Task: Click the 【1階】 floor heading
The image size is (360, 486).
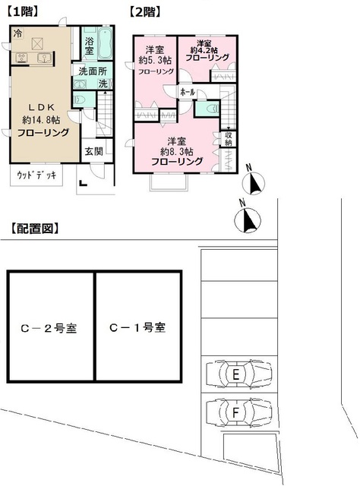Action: click(22, 11)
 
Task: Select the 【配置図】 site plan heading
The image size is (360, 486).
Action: click(34, 228)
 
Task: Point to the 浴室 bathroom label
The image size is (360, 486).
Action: click(90, 46)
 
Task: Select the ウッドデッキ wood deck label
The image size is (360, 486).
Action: click(35, 175)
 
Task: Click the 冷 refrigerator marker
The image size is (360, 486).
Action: click(17, 33)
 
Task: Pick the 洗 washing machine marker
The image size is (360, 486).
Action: click(103, 84)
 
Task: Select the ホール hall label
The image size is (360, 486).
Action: click(188, 92)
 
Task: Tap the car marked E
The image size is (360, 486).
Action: click(238, 374)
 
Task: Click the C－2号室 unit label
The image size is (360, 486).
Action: click(49, 329)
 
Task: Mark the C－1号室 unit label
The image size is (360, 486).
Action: click(137, 329)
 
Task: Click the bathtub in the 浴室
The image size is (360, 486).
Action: click(106, 45)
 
